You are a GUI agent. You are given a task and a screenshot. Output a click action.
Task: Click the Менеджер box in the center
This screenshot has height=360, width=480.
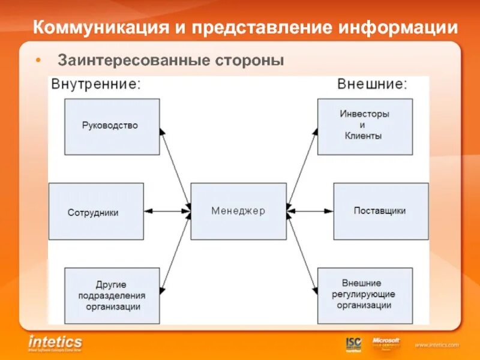point(238,211)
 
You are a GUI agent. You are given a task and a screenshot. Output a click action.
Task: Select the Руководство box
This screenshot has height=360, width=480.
point(112,126)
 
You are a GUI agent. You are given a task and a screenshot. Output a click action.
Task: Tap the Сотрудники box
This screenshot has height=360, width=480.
point(96,212)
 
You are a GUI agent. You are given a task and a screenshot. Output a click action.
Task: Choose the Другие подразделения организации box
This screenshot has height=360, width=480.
point(112,295)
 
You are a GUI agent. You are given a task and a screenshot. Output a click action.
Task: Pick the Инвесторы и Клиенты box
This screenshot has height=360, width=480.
point(365,126)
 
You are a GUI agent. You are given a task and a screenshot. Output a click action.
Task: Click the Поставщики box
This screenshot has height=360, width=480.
point(380,211)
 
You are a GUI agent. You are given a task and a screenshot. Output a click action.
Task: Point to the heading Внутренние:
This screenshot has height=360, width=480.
point(96,83)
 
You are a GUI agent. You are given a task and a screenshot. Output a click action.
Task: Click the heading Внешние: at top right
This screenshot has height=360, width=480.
point(372,83)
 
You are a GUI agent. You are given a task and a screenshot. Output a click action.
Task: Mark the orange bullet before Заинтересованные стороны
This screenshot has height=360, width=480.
point(38,61)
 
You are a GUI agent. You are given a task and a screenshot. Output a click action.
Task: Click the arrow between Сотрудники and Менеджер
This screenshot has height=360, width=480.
point(167,211)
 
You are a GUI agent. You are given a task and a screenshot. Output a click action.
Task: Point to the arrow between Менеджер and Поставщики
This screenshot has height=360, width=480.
point(310,211)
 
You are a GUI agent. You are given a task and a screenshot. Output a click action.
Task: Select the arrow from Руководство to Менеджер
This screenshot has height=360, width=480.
point(175,168)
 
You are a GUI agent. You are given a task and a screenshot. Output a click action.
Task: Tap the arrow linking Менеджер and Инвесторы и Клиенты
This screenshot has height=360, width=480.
point(302,167)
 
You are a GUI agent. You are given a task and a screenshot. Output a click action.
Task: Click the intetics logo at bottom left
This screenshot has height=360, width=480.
point(55,343)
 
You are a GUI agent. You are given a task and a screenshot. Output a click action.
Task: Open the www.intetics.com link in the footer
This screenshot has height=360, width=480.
point(436,345)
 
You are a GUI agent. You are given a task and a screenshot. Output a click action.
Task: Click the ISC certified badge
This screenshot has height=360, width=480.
point(353,344)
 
